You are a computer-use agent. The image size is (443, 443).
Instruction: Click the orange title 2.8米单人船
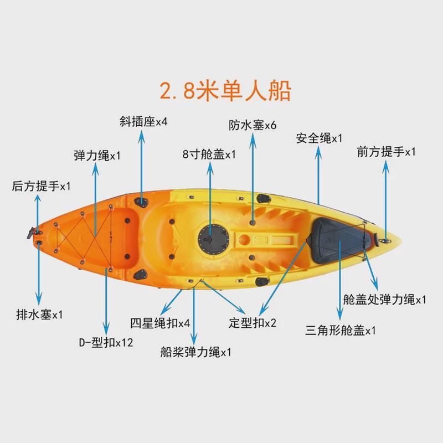pos(225,90)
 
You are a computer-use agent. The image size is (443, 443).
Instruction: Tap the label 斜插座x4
pos(143,121)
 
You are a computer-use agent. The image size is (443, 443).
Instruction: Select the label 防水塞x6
pos(253,125)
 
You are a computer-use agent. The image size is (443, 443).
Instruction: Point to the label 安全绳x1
pos(319,138)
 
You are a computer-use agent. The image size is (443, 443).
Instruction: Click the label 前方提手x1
pos(386,152)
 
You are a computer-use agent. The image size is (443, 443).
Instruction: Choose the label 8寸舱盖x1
pos(209,154)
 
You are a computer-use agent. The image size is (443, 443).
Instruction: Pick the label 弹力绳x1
pos(97,156)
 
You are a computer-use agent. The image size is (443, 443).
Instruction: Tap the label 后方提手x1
pos(42,186)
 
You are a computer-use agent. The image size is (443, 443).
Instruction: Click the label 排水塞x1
pos(39,315)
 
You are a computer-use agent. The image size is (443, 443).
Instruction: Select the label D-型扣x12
pos(106,342)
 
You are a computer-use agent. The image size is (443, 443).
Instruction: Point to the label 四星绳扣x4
pos(160,323)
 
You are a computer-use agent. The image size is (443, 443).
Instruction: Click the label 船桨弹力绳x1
pos(195,352)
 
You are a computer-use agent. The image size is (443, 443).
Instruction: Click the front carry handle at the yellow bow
pos(383,240)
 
